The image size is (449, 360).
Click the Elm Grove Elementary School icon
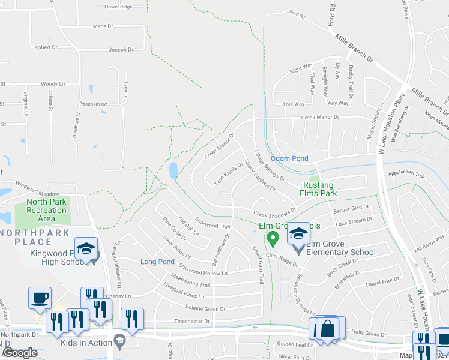click(x=298, y=233)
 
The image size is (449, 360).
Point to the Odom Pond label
click(x=289, y=158)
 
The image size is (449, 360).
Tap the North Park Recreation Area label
click(x=46, y=211)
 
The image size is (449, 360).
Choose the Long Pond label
click(x=157, y=262)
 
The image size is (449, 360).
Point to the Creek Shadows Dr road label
click(x=274, y=212)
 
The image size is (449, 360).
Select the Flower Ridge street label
click(x=118, y=7)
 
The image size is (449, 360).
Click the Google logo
click(x=20, y=353)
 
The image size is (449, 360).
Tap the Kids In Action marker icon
click(x=119, y=340)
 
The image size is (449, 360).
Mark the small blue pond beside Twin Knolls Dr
click(x=173, y=171)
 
